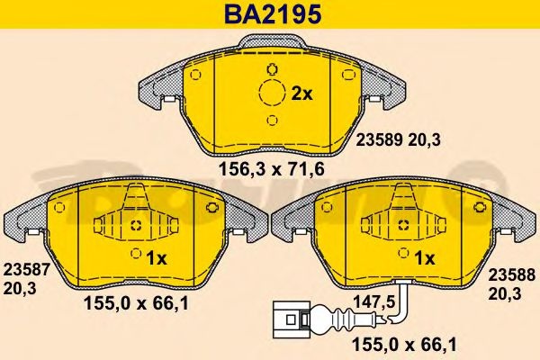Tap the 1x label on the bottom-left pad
coord(157,258)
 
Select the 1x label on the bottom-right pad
coord(425,258)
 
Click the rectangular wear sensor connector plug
coord(287,319)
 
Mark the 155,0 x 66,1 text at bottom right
coord(400,345)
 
